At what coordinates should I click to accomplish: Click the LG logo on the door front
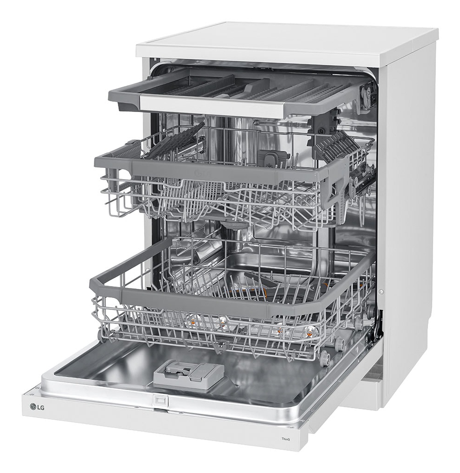tap(37, 407)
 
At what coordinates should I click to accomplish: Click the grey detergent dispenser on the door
tap(189, 375)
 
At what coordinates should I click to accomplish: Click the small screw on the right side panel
tap(381, 292)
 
